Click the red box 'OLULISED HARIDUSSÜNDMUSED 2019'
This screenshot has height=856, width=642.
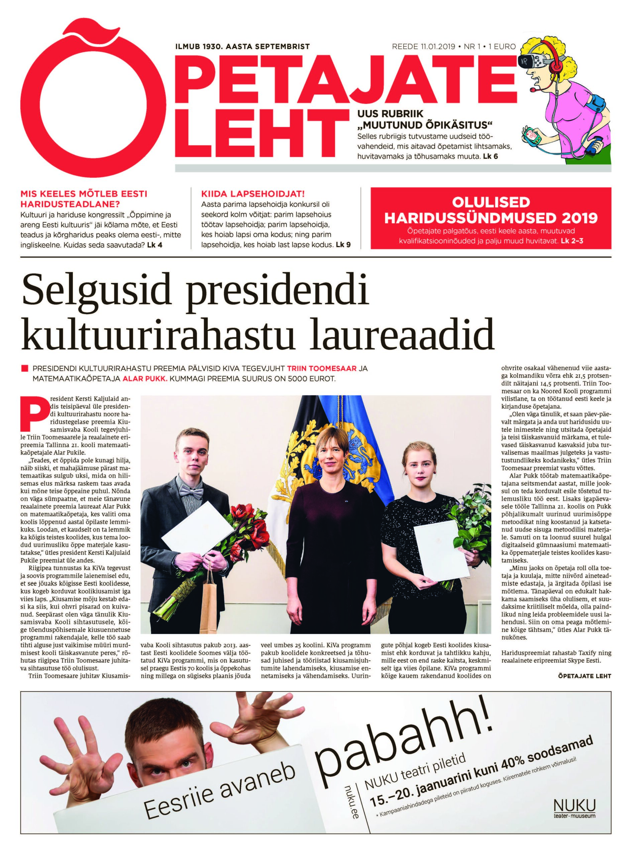490,218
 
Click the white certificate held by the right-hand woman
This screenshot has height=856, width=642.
435,549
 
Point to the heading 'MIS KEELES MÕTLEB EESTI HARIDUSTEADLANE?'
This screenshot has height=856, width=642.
84,199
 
